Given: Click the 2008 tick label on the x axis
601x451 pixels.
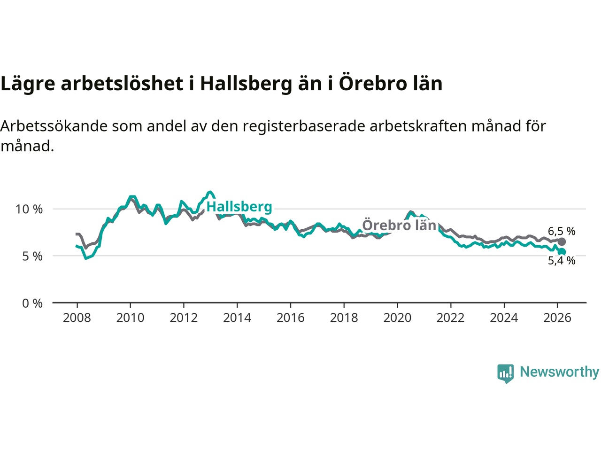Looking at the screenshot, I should tap(77, 318).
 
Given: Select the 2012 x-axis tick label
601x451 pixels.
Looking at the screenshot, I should tap(184, 318).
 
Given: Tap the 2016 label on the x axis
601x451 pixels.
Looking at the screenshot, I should tap(290, 318).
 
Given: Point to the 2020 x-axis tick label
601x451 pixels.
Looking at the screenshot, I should tap(397, 318).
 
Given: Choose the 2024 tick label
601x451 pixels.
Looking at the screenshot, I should tap(504, 318).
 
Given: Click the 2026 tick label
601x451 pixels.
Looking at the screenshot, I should tap(557, 318).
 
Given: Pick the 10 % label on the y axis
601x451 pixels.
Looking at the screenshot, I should tap(29, 210).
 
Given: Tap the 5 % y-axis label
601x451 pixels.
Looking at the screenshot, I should tap(32, 257).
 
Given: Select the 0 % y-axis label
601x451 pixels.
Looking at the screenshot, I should tap(32, 303).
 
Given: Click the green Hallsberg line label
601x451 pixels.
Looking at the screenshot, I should tap(239, 207).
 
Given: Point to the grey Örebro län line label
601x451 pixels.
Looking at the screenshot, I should tap(399, 225).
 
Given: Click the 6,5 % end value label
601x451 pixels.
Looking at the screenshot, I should tap(562, 231).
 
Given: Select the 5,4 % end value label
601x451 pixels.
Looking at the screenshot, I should tap(562, 261).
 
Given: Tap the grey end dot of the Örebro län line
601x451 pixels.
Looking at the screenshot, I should tap(562, 241).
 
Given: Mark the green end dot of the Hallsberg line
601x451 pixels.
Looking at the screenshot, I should tap(562, 252).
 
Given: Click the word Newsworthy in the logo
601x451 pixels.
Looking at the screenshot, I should tap(559, 372).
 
